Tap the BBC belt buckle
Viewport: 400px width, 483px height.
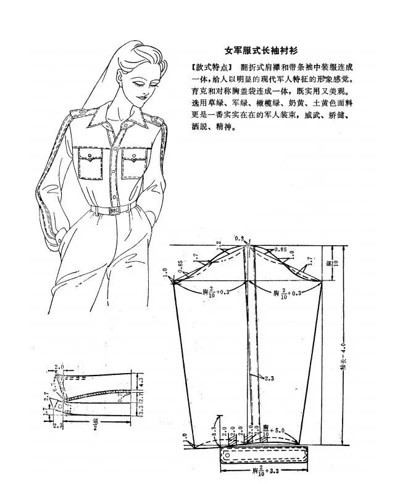point(115,210)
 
